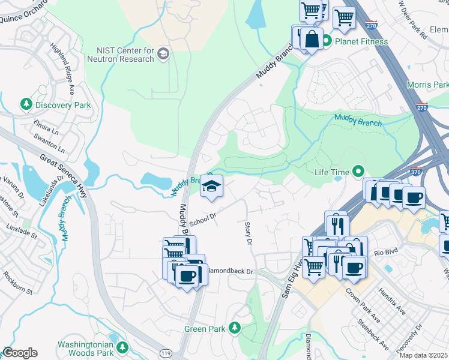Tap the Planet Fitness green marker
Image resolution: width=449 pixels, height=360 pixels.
(327, 41)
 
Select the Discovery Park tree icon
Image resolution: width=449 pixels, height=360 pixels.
(26, 105)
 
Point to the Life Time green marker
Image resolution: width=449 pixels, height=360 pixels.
(358, 172)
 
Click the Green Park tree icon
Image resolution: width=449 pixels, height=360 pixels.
(235, 328)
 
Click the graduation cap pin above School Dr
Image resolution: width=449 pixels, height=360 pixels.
(211, 187)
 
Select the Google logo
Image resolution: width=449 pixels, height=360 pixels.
(19, 353)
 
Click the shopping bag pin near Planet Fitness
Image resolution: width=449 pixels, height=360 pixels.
(312, 40)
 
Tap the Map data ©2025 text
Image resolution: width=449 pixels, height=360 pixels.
(423, 355)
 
